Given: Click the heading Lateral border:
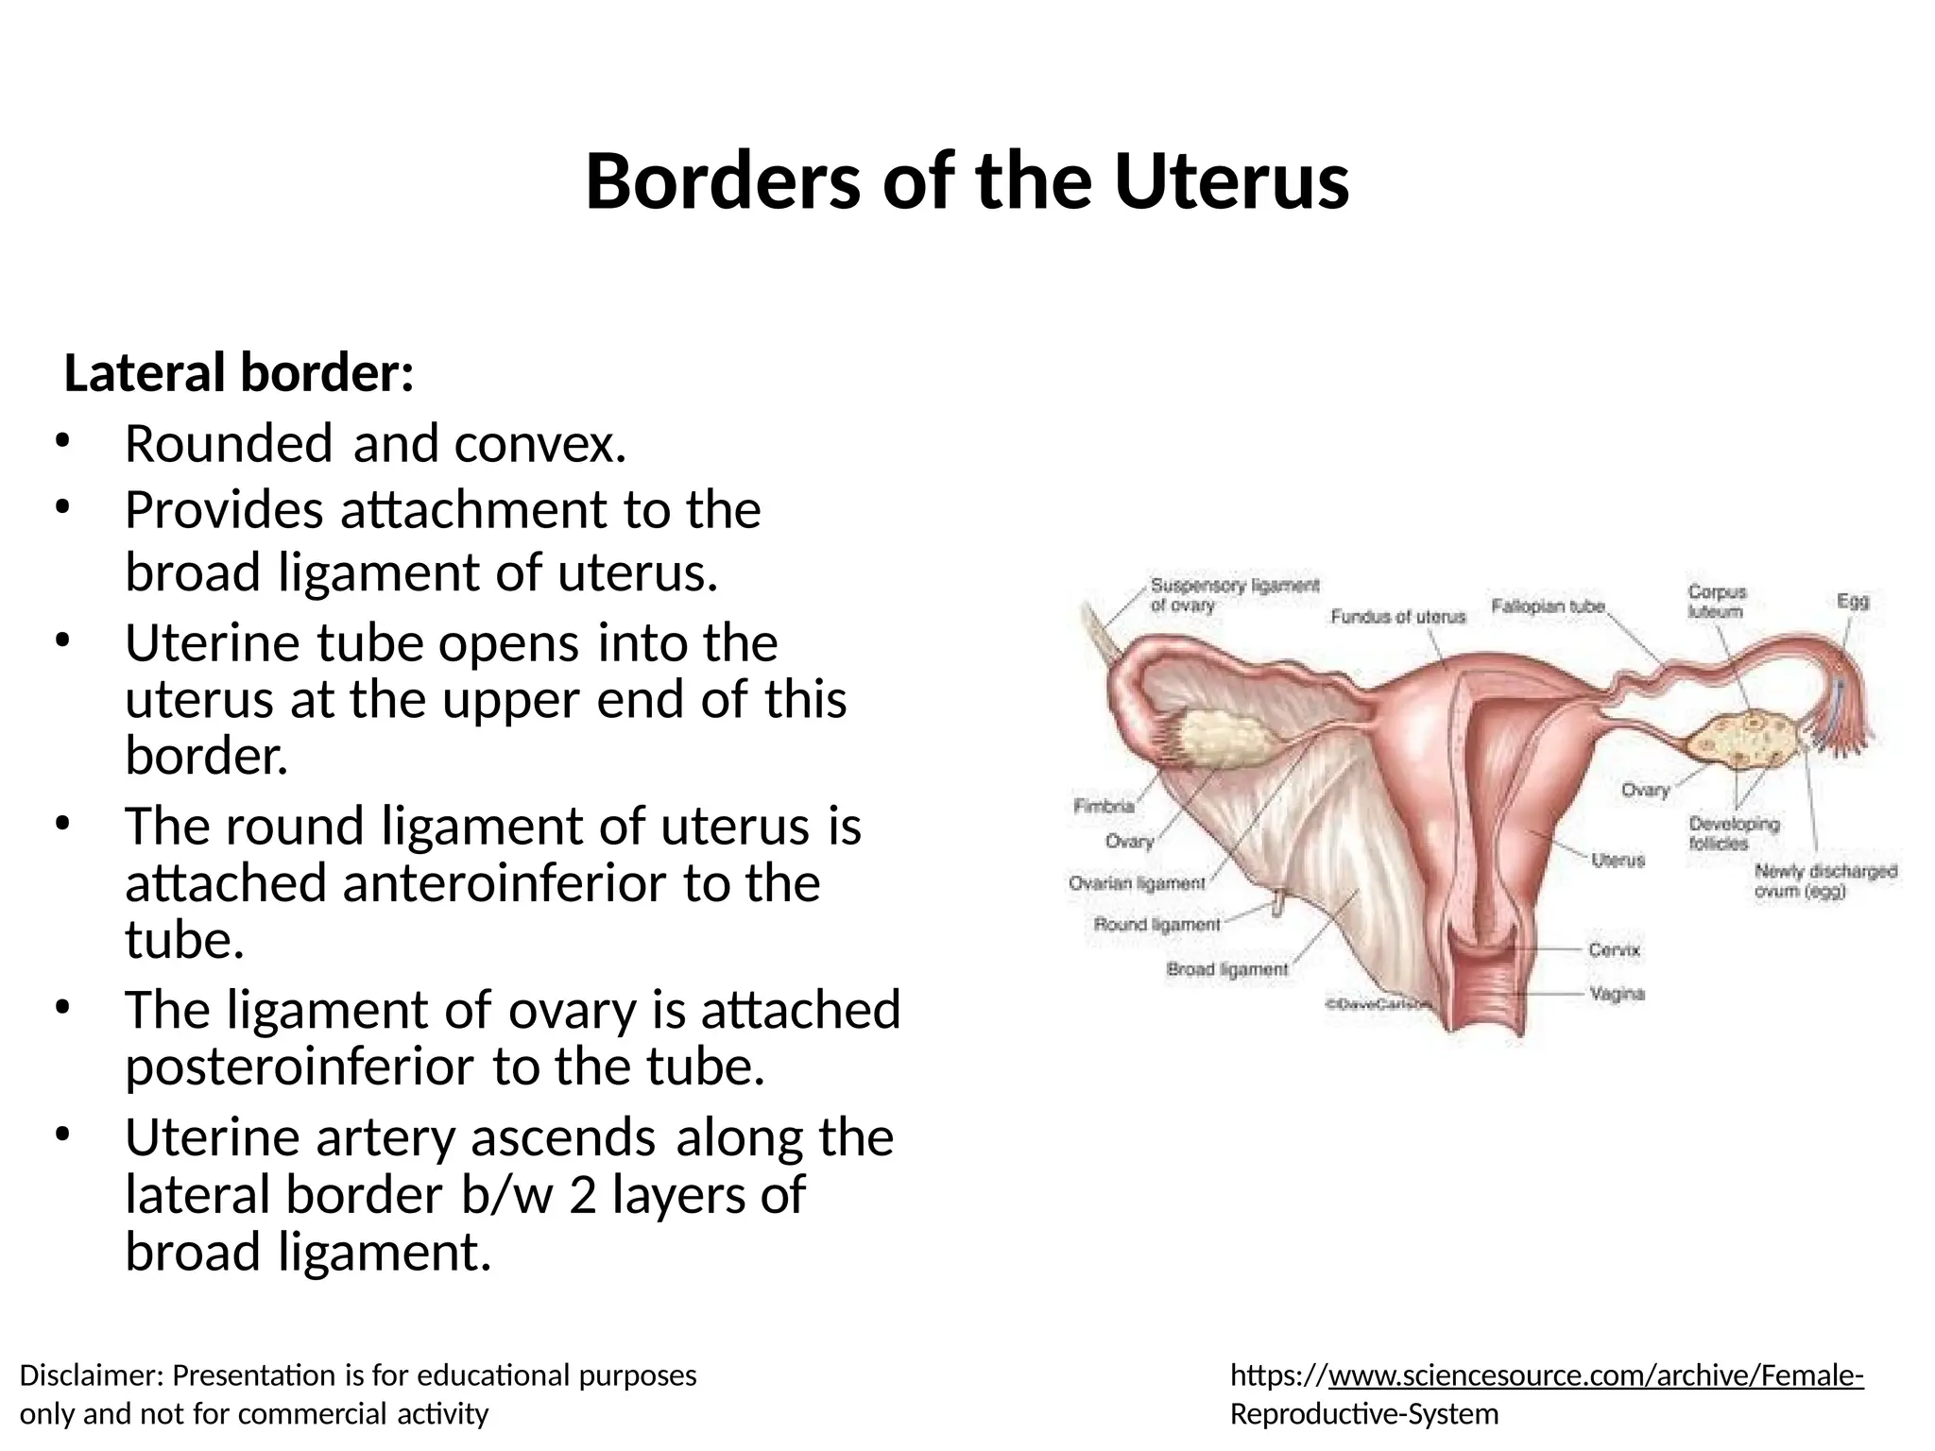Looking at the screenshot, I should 238,373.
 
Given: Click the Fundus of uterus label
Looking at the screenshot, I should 1397,617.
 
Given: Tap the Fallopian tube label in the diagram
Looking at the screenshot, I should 1548,606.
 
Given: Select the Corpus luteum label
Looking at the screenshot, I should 1717,602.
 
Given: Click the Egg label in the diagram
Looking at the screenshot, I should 1852,601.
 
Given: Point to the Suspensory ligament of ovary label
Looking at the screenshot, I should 1234,595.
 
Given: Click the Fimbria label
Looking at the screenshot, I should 1104,807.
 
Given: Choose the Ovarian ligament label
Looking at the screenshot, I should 1137,884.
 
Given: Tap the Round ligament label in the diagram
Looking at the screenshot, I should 1156,924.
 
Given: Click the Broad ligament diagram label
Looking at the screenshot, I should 1226,969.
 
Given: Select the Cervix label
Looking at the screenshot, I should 1614,949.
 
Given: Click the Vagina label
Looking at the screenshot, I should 1617,994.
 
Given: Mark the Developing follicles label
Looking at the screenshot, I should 1734,833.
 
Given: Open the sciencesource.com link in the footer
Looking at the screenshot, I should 1595,1376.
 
